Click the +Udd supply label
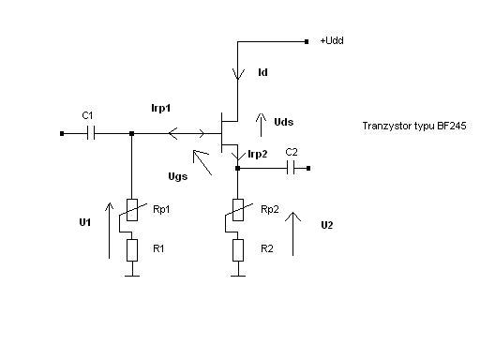pos(332,40)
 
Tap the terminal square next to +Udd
pos(307,41)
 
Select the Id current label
pos(262,72)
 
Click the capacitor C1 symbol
pos(91,133)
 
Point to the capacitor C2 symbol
pos(291,168)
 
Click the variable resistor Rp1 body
pos(132,210)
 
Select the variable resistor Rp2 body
pos(238,210)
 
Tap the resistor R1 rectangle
pos(132,250)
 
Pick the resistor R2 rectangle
pos(238,250)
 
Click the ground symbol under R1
pos(132,276)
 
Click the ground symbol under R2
pos(238,276)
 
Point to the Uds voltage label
pos(283,122)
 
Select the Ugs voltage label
pos(178,176)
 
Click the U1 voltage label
pos(85,222)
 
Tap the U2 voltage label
pos(327,225)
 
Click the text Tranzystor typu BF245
pos(414,126)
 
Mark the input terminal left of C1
pos(62,133)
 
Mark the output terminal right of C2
pos(308,168)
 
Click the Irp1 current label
pos(161,108)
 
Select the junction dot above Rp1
pos(132,133)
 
